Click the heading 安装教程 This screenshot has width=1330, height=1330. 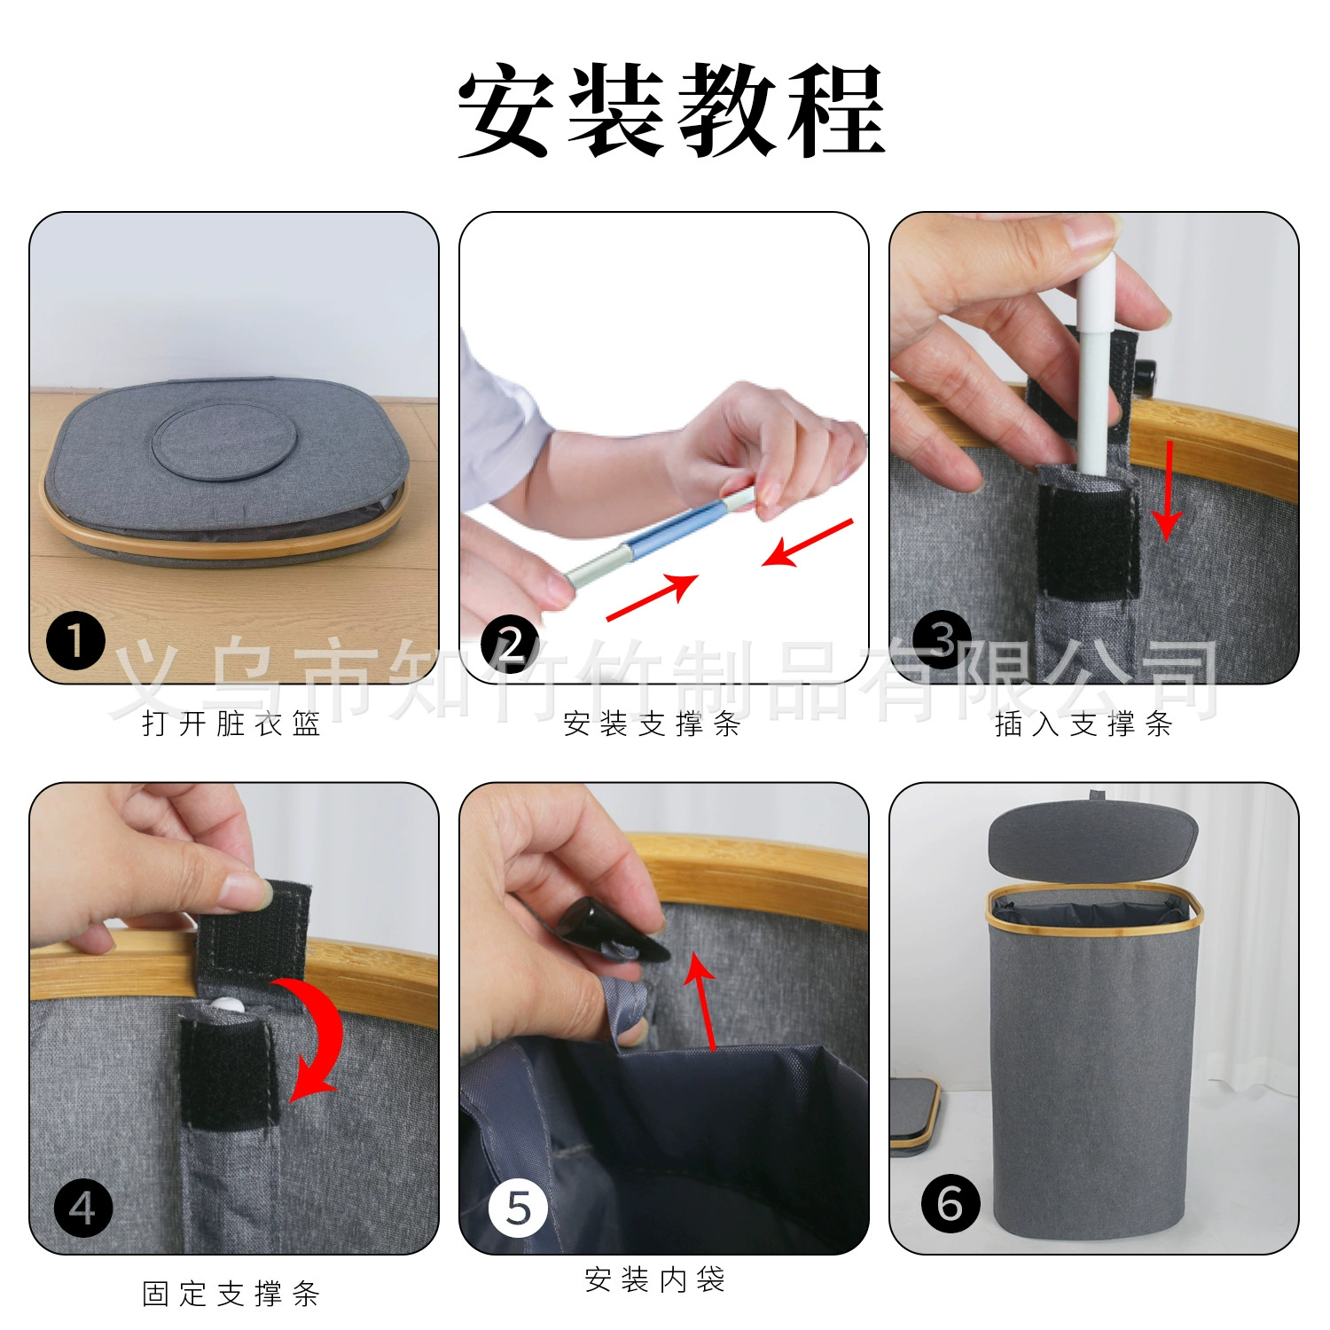click(x=671, y=111)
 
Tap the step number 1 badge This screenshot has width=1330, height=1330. click(x=76, y=641)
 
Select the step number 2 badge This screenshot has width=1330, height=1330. click(x=509, y=643)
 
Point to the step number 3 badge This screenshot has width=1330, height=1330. click(x=942, y=639)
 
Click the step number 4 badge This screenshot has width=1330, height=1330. click(x=83, y=1208)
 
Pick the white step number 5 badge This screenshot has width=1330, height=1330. click(x=518, y=1208)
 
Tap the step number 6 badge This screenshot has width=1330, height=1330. click(x=951, y=1203)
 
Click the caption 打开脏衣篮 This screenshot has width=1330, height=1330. click(x=231, y=724)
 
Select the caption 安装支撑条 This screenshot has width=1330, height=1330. click(x=653, y=724)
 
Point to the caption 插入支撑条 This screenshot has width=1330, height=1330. click(x=1084, y=724)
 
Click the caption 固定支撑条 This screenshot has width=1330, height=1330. click(x=231, y=1294)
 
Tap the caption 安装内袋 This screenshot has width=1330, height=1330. click(x=655, y=1279)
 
